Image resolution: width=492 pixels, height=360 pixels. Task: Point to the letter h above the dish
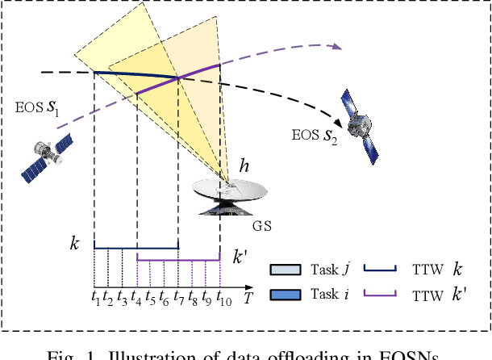coord(244,168)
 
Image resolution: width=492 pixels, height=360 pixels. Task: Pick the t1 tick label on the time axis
coord(95,296)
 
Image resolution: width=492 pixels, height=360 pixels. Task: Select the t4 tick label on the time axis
coord(137,296)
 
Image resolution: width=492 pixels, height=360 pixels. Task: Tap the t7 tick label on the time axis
coord(179,296)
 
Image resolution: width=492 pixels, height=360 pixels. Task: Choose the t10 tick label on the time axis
coord(223,297)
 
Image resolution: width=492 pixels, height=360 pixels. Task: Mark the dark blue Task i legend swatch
coord(282,295)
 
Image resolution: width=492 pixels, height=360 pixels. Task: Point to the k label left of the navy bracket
coord(75,241)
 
